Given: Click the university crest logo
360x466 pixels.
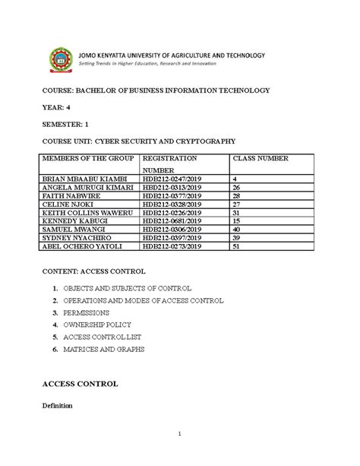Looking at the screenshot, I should pos(62,61).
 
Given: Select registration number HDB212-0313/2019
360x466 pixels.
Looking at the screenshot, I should pos(172,187).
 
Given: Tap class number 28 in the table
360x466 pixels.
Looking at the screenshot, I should pos(235,195).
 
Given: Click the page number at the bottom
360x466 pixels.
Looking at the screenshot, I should pos(180,435).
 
